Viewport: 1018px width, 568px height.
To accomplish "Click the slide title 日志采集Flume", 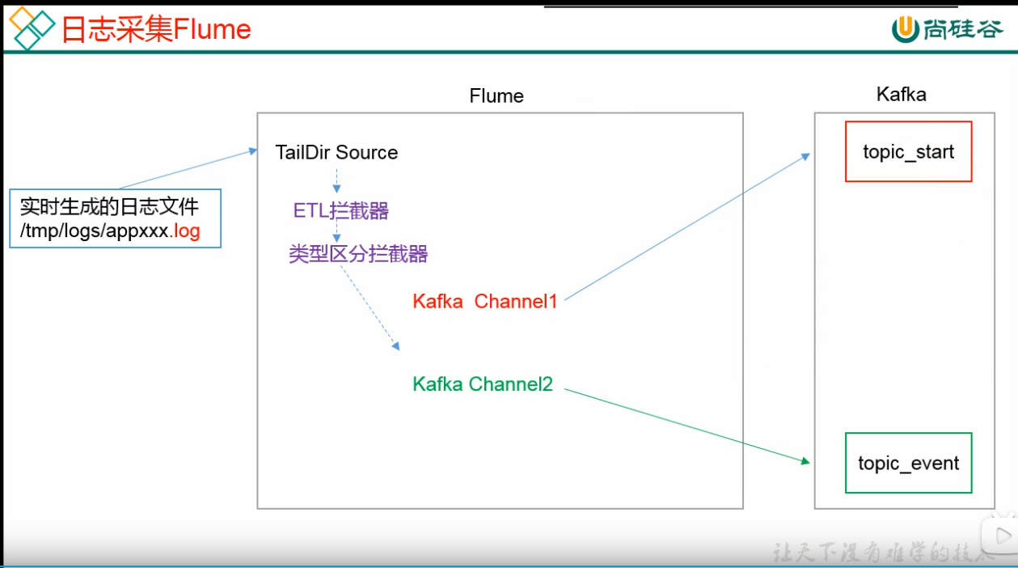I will coord(156,29).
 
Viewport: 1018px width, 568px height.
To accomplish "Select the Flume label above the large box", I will coord(496,96).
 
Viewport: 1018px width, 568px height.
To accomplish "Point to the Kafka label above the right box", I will coord(901,95).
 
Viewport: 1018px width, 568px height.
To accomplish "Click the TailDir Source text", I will coord(336,152).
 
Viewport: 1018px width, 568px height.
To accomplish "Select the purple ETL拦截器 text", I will coord(340,211).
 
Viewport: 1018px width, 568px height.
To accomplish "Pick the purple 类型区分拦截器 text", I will coord(358,254).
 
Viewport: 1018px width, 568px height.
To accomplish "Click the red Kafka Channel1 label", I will coord(485,302).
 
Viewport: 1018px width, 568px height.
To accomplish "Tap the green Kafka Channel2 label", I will coord(483,384).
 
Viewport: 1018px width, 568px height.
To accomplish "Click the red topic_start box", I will coord(908,151).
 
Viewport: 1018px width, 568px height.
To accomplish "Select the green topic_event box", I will coord(908,463).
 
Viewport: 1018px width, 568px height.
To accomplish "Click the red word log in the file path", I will coord(187,232).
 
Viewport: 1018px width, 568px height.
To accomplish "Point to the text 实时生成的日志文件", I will coord(109,206).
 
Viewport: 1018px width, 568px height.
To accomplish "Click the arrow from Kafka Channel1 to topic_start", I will coord(687,227).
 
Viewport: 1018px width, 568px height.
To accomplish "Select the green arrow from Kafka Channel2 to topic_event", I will coord(687,426).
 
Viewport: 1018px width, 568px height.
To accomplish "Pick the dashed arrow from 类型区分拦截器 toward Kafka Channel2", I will coord(370,307).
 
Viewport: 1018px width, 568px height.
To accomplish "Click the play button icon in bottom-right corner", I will coord(1000,535).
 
